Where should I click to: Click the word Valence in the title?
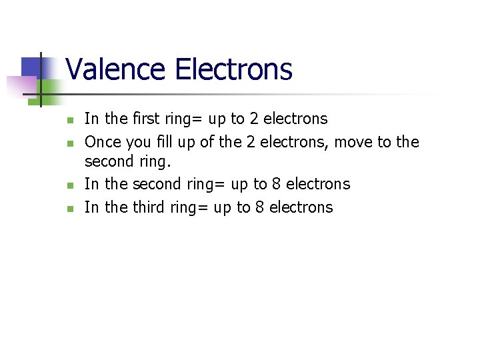[117, 69]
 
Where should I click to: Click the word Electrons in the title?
[233, 69]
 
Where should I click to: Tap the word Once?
[103, 142]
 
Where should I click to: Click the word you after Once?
[139, 142]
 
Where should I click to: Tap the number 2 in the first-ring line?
[254, 119]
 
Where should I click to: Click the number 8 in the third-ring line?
[259, 207]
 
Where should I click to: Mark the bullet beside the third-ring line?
[69, 209]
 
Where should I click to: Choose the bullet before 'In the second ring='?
[69, 185]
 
